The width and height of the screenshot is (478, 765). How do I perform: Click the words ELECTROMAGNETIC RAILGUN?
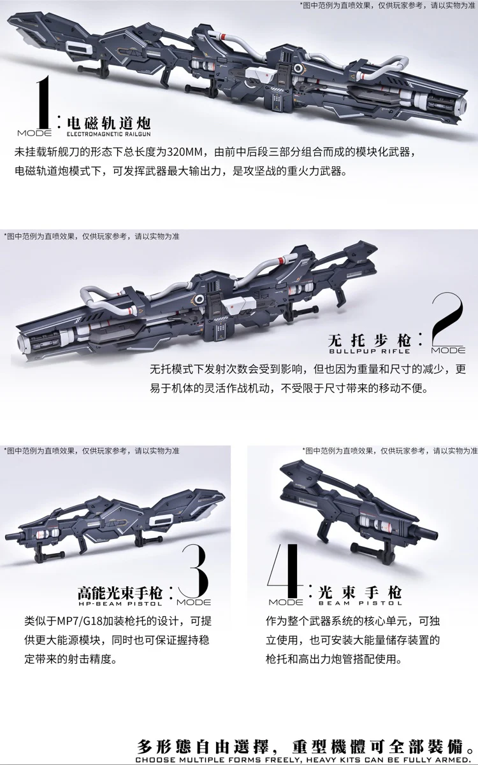[x=108, y=134]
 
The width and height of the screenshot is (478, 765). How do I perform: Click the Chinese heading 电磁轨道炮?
[x=108, y=123]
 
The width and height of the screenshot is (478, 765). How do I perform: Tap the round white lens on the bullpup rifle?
[x=199, y=299]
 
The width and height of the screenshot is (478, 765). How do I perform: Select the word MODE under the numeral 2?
[x=448, y=351]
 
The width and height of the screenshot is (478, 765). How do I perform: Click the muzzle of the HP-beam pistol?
[x=9, y=535]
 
